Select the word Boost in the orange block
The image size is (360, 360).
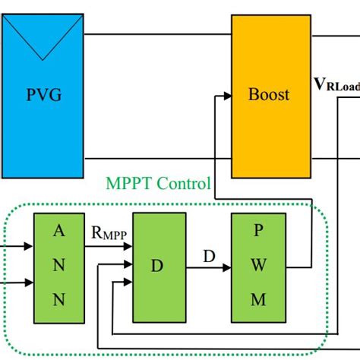click(x=269, y=95)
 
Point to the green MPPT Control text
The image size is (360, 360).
click(x=157, y=185)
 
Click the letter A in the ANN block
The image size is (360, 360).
click(x=58, y=233)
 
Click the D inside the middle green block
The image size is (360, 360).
click(x=158, y=267)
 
